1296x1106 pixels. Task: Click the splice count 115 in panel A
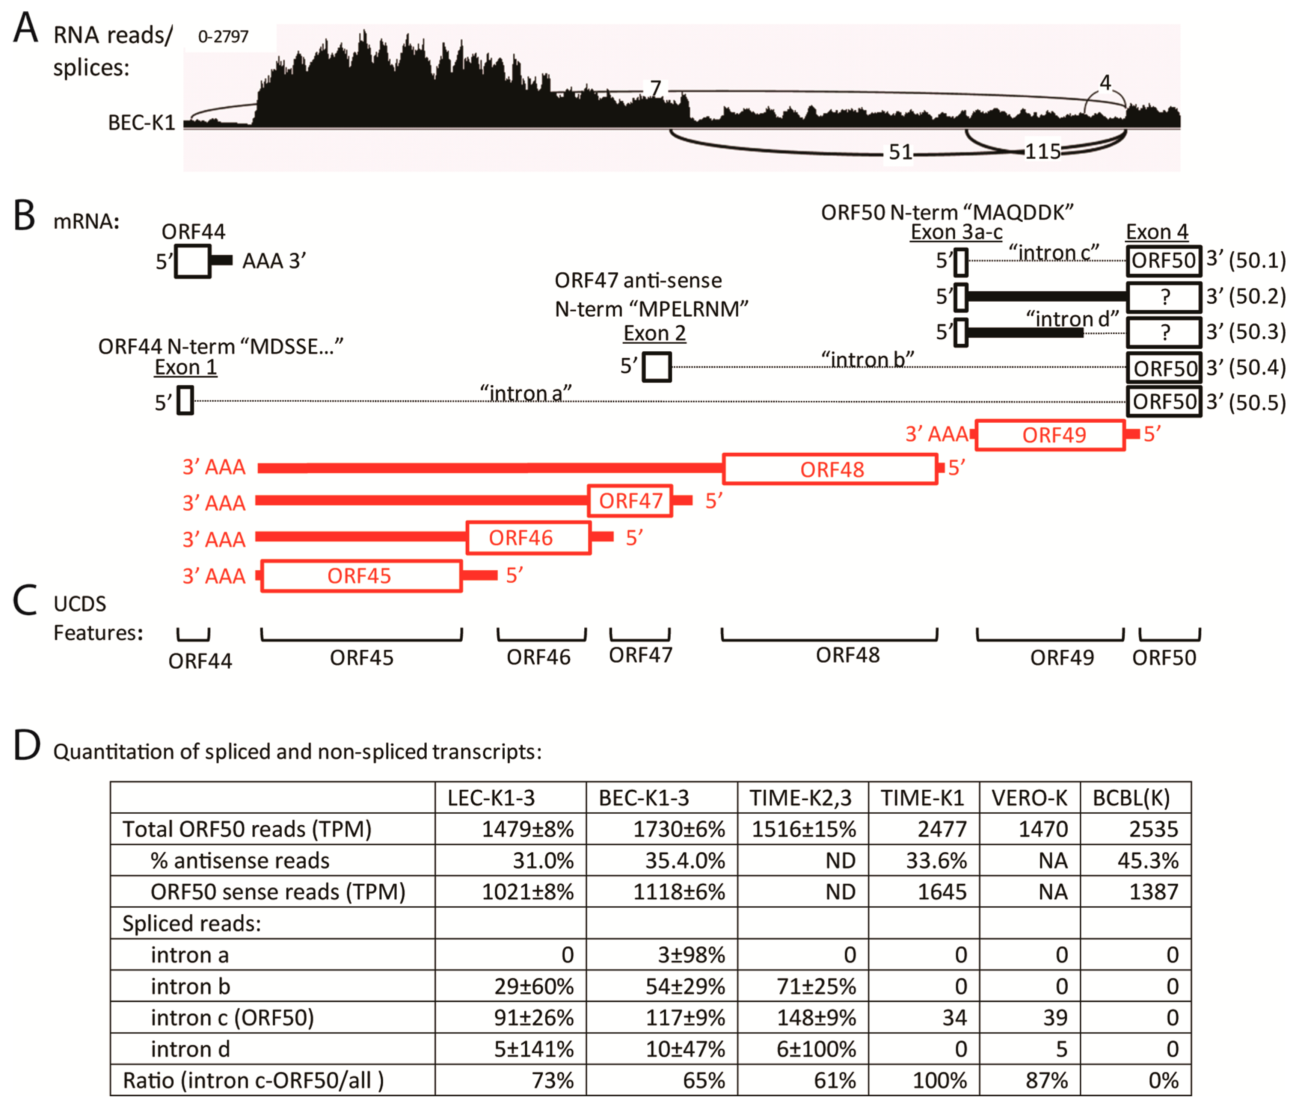click(x=1042, y=151)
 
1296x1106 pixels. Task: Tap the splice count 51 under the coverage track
click(x=900, y=152)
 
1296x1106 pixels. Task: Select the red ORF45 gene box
click(x=361, y=576)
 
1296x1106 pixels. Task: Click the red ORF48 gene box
click(x=830, y=469)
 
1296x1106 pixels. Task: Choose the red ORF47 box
click(x=630, y=500)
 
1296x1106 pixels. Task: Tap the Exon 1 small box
click(x=185, y=400)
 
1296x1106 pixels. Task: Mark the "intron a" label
click(x=525, y=393)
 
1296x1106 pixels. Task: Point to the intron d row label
click(x=190, y=1049)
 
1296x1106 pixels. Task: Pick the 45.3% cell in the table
click(x=1148, y=861)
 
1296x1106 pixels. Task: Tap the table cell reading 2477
click(x=942, y=829)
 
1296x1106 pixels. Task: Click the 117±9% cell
click(x=685, y=1018)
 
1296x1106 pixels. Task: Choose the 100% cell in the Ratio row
click(x=940, y=1080)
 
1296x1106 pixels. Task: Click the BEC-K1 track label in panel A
click(x=141, y=122)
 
